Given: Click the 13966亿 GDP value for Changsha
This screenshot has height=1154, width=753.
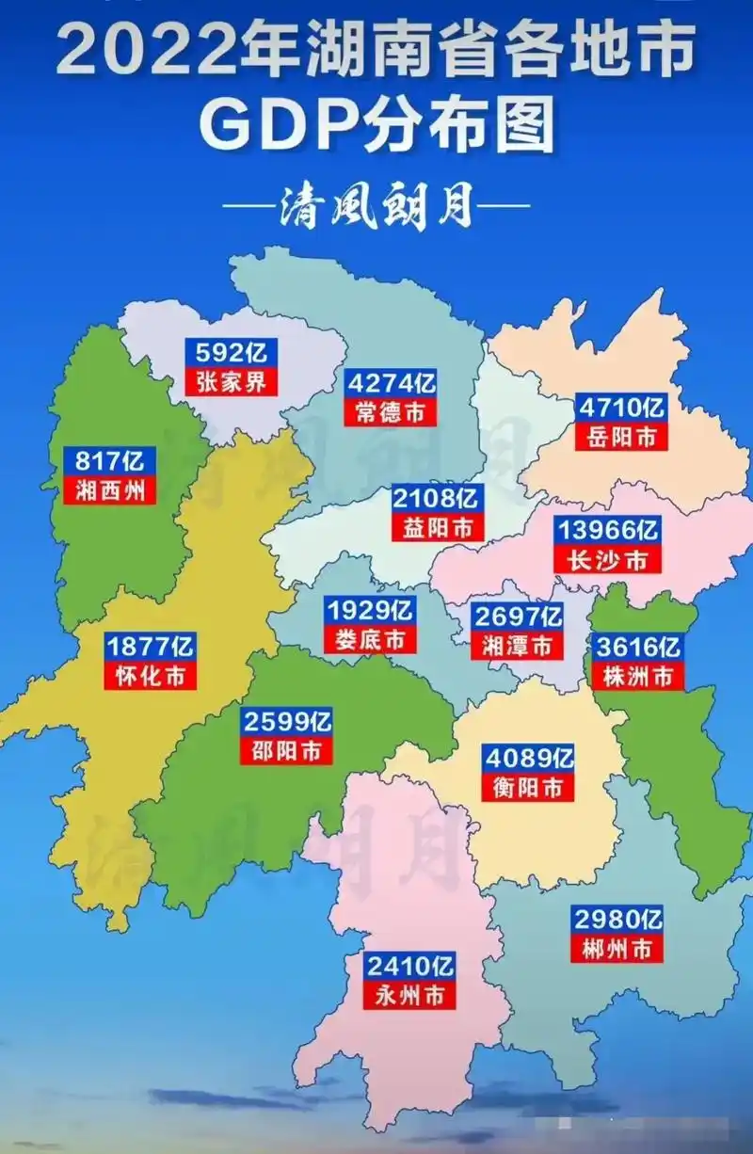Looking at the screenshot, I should click(607, 529).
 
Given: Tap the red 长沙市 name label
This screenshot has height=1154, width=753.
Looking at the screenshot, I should click(607, 559).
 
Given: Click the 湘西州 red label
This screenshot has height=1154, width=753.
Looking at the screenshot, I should click(110, 490).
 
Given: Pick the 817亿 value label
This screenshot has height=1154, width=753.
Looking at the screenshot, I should click(110, 461).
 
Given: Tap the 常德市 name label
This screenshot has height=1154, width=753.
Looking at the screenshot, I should click(390, 412).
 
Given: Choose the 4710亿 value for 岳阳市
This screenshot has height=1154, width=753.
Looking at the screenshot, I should click(621, 408).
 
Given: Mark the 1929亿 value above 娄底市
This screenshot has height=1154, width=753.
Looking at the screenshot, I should click(370, 610).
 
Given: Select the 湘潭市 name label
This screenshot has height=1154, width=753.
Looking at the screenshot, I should click(517, 646).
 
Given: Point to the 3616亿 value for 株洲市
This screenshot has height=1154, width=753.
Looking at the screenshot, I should click(637, 647).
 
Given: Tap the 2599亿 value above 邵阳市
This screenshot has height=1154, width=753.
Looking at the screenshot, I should click(287, 722).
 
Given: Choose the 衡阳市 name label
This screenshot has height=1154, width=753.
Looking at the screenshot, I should click(528, 787).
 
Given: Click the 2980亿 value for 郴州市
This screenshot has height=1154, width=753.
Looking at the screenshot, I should click(617, 919).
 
